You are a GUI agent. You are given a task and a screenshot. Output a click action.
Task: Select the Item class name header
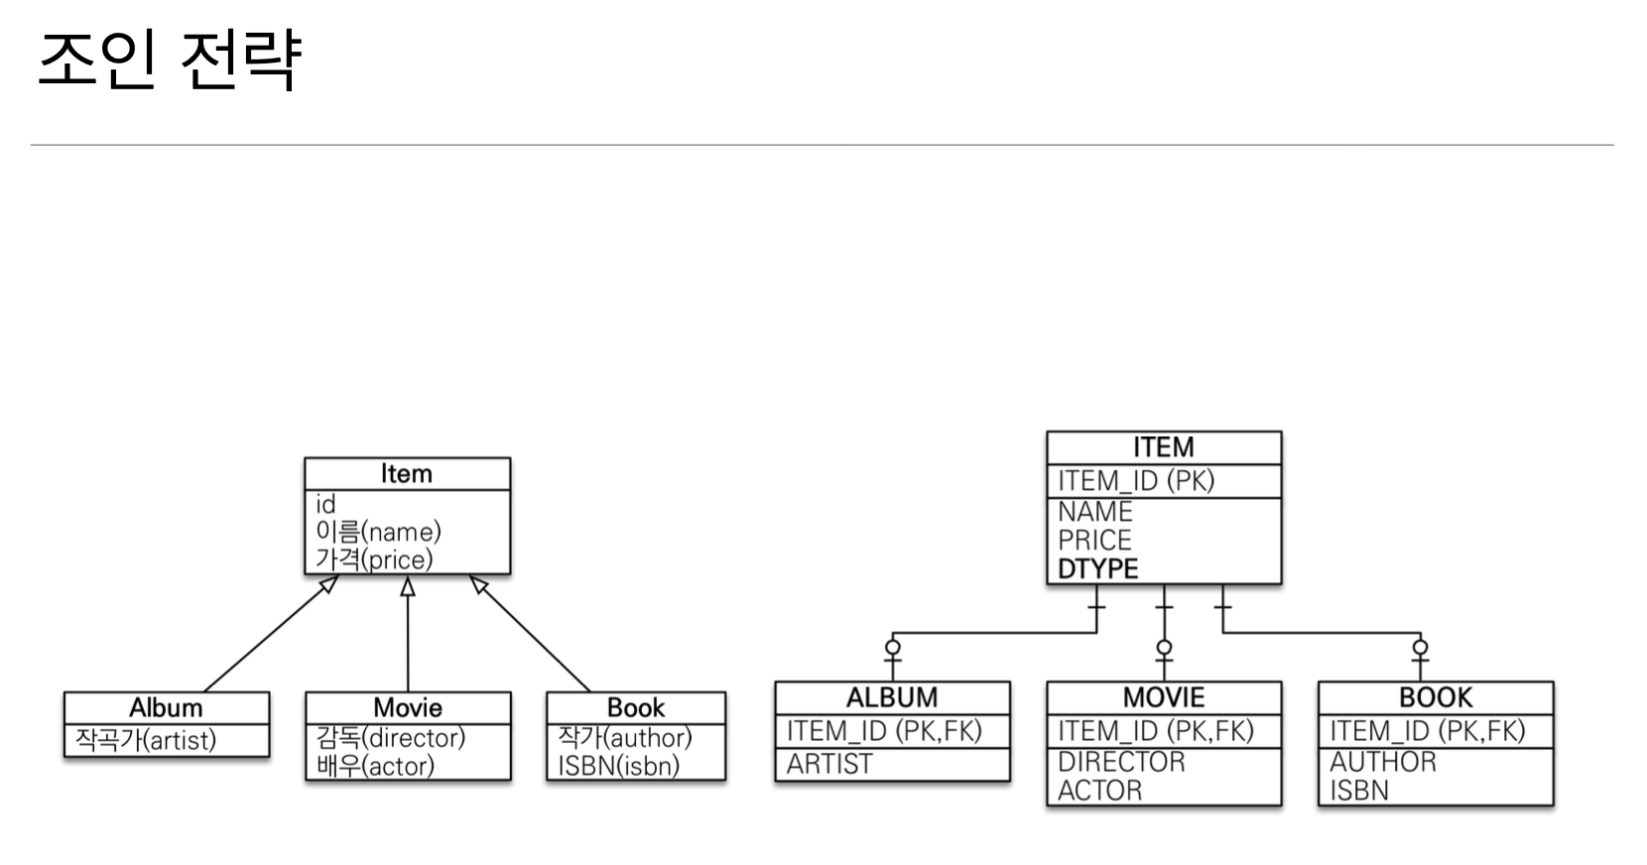click(407, 474)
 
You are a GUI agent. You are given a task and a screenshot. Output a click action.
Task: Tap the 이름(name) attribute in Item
click(378, 532)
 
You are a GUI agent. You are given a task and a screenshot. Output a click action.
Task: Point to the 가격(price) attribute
click(374, 559)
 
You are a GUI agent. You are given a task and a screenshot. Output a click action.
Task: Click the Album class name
click(166, 708)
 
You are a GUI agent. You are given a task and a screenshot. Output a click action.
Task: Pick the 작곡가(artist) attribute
click(146, 740)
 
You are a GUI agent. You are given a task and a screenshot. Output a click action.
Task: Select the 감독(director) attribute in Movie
click(390, 738)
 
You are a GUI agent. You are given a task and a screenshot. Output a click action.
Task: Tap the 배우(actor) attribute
click(375, 766)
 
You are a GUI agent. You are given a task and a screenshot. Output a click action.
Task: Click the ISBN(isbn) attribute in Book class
click(618, 766)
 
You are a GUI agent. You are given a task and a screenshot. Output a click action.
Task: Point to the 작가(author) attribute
click(624, 737)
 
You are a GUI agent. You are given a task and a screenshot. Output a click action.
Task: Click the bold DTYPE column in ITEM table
click(1097, 568)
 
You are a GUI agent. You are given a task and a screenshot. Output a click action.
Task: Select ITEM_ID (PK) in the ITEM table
click(1136, 481)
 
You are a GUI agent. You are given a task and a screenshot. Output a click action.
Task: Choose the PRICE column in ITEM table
click(1094, 541)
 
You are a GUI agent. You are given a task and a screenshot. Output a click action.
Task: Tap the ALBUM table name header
click(891, 697)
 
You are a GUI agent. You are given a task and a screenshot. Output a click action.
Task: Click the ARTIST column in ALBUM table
click(829, 765)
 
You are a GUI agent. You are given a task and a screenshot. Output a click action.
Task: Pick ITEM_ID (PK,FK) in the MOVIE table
click(1156, 731)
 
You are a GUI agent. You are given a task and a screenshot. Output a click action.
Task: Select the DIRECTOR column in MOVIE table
click(1121, 762)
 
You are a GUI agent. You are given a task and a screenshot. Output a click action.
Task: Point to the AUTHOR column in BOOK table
click(1382, 762)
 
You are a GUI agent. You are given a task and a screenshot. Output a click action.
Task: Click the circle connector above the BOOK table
click(1421, 649)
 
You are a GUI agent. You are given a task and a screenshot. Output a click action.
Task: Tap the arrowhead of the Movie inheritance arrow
click(407, 586)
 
